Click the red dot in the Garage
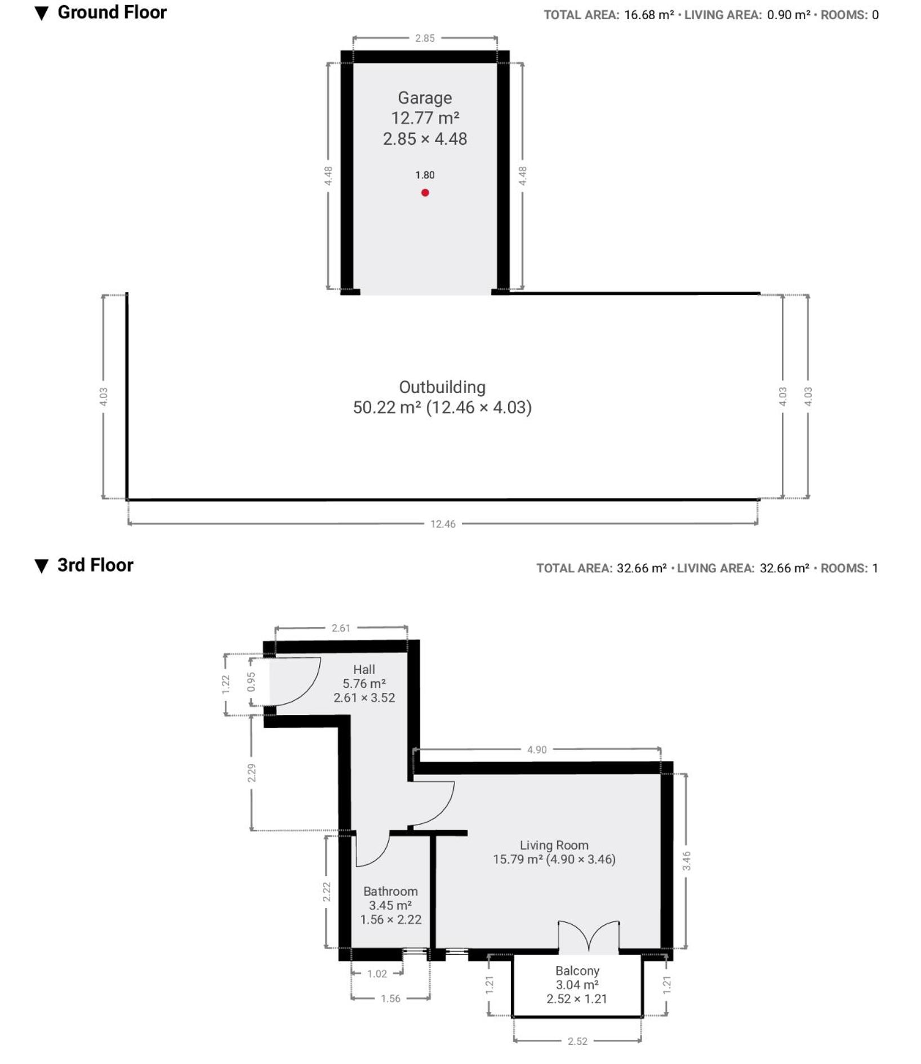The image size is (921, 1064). pyautogui.click(x=425, y=193)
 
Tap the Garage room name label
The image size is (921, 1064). pyautogui.click(x=425, y=98)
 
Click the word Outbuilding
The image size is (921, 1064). pyautogui.click(x=442, y=387)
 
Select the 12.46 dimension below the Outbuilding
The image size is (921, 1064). pyautogui.click(x=443, y=524)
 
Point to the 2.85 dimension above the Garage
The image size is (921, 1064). pyautogui.click(x=425, y=38)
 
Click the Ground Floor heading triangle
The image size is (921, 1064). pyautogui.click(x=42, y=14)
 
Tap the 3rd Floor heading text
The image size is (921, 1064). pyautogui.click(x=95, y=565)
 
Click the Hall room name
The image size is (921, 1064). pyautogui.click(x=364, y=669)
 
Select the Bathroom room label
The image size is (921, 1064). pyautogui.click(x=390, y=891)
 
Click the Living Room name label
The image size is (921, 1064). pyautogui.click(x=554, y=845)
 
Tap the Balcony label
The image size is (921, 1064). pyautogui.click(x=577, y=970)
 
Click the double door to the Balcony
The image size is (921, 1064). pyautogui.click(x=589, y=937)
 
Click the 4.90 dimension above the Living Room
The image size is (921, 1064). pyautogui.click(x=537, y=750)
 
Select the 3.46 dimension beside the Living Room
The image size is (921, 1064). pyautogui.click(x=686, y=861)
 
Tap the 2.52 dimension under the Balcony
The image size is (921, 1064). pyautogui.click(x=577, y=1041)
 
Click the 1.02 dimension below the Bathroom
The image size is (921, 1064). pyautogui.click(x=377, y=974)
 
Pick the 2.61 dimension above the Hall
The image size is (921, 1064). pyautogui.click(x=341, y=628)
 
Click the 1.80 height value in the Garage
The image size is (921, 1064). pyautogui.click(x=425, y=175)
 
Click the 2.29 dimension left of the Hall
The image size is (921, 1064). pyautogui.click(x=251, y=772)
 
